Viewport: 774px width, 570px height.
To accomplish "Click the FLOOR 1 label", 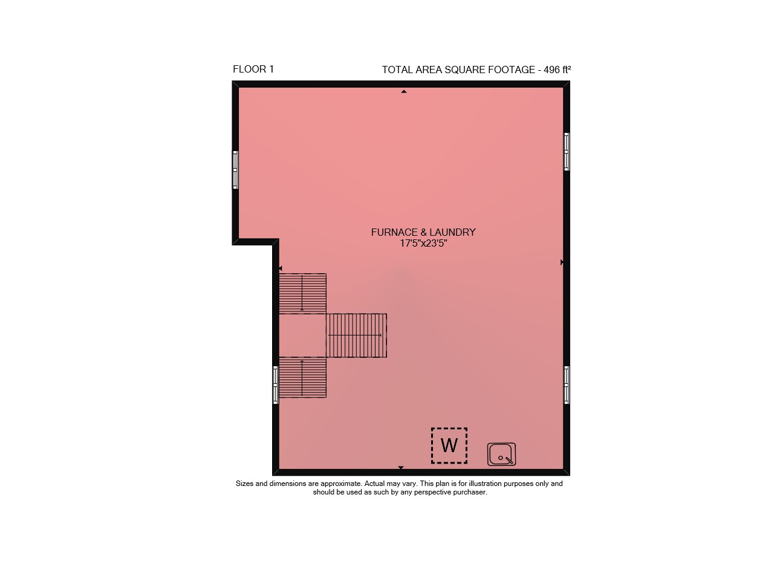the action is click(253, 70).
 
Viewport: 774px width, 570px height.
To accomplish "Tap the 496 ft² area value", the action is click(557, 70).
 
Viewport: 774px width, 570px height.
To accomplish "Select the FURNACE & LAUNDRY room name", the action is click(423, 232).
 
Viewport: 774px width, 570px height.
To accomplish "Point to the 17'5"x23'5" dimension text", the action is click(423, 243).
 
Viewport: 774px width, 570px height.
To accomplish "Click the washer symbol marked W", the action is click(449, 445).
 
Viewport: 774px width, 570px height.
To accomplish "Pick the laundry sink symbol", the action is click(501, 455).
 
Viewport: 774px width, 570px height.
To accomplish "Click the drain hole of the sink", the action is click(500, 458).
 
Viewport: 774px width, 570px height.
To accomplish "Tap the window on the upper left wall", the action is click(235, 170).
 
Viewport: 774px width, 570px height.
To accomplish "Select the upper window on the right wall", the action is click(567, 152).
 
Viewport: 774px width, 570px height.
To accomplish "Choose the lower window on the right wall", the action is click(567, 385).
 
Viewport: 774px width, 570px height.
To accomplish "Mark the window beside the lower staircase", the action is click(275, 385).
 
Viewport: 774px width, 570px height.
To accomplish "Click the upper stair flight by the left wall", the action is click(303, 294).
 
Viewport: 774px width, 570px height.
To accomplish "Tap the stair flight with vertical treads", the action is click(356, 335).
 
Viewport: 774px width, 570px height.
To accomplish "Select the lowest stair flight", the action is click(303, 377).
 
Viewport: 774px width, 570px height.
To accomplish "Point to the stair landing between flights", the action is click(303, 335).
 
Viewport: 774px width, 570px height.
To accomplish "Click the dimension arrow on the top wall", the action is click(403, 91).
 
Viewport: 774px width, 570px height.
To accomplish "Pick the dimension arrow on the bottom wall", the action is click(401, 467).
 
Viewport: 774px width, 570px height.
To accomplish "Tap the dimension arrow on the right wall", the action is click(562, 262).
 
